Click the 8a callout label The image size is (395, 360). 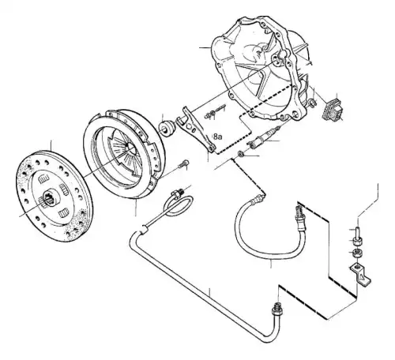(x=218, y=137)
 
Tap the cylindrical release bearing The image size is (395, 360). (x=167, y=128)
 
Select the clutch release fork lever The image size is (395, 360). (x=195, y=128)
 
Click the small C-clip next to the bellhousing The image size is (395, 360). (x=312, y=103)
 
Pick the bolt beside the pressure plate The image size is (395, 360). (x=183, y=164)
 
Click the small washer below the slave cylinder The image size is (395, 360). (x=240, y=154)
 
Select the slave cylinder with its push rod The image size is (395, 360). (x=262, y=137)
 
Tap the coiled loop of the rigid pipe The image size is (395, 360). (x=178, y=206)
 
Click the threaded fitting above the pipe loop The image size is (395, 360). (x=177, y=193)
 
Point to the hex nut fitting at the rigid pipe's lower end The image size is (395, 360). (x=277, y=310)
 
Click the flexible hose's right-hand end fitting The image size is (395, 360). (x=300, y=215)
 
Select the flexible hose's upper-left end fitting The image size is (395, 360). (x=258, y=199)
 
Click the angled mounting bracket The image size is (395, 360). (x=361, y=275)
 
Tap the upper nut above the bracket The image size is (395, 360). (x=357, y=241)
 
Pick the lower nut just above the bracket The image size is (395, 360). (x=357, y=253)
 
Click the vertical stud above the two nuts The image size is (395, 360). (x=357, y=231)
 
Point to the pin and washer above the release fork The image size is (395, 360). (x=214, y=112)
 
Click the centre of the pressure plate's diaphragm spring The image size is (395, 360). (x=131, y=148)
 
